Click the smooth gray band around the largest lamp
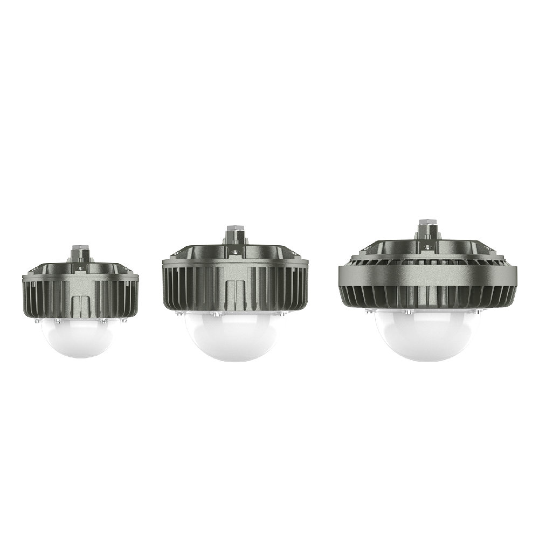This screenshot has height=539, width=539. tap(427, 275)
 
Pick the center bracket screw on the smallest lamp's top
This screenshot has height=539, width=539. tap(80, 267)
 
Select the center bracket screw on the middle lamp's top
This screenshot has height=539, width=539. tap(234, 251)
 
